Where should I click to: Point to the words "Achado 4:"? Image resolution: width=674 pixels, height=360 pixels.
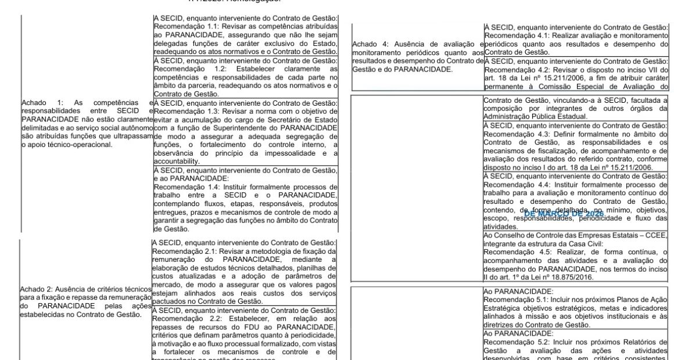370,44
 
